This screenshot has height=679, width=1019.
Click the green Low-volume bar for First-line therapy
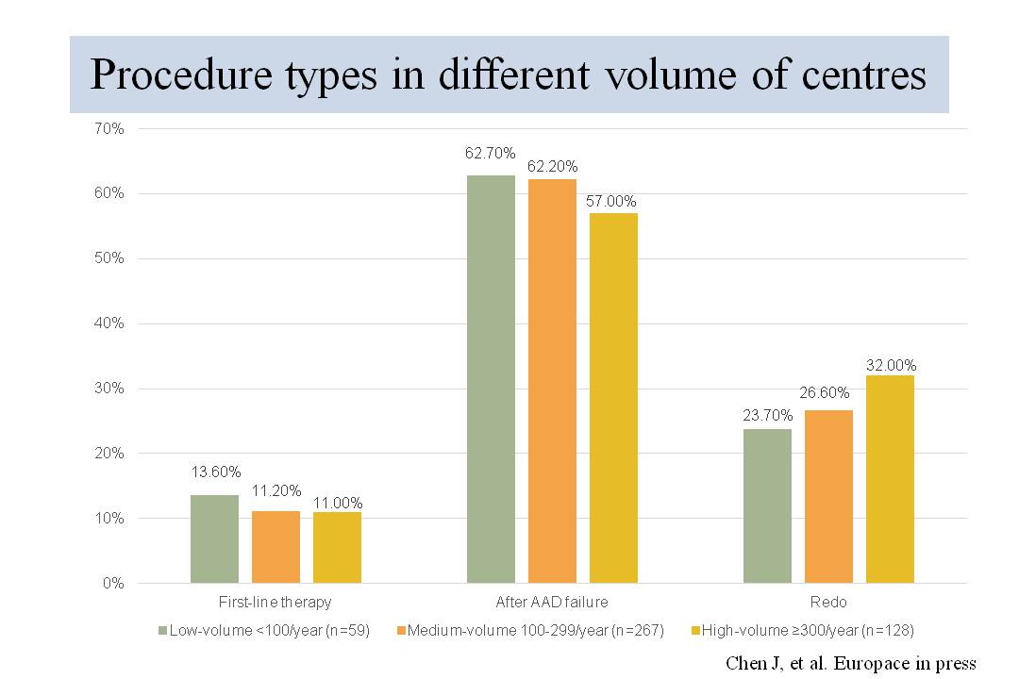[214, 538]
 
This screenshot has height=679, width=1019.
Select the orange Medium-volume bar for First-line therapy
[276, 547]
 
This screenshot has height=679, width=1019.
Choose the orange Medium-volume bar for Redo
[828, 496]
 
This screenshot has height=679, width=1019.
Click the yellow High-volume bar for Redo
[890, 479]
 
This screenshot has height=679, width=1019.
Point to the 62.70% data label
[491, 154]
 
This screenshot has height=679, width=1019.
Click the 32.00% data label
[890, 365]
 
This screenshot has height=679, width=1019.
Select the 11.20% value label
[276, 490]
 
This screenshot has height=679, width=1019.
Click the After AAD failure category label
[552, 602]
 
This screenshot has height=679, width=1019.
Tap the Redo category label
[828, 602]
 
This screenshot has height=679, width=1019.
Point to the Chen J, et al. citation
[850, 662]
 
